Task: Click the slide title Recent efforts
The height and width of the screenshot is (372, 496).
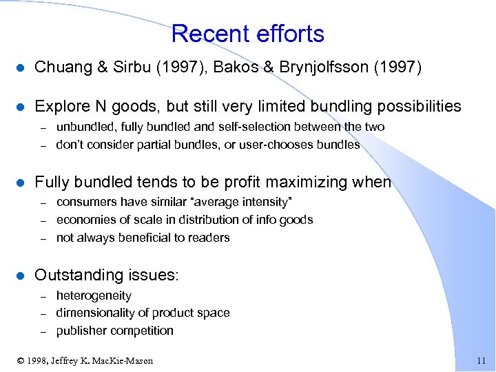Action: pyautogui.click(x=247, y=33)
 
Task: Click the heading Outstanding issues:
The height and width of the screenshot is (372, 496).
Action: pyautogui.click(x=107, y=275)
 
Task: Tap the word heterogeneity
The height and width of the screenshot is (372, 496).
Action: pyautogui.click(x=94, y=295)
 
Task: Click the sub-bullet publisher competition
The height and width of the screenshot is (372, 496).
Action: pyautogui.click(x=115, y=331)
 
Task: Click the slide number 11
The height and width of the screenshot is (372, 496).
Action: pyautogui.click(x=481, y=361)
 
